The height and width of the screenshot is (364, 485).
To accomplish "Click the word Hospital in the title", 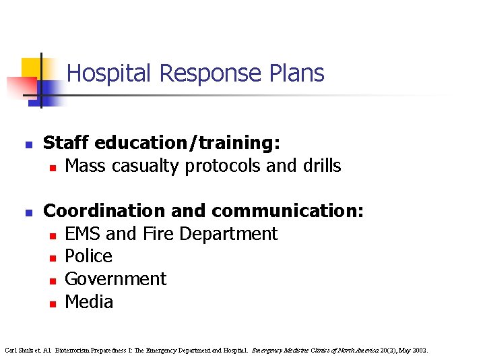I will point(108,73).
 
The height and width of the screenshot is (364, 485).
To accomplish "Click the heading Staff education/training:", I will point(162,143).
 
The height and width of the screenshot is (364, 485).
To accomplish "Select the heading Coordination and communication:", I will point(203,211).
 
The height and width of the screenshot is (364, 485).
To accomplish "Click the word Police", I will point(88,256).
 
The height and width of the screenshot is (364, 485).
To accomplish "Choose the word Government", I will point(115,279).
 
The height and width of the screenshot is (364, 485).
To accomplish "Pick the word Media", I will point(89,301).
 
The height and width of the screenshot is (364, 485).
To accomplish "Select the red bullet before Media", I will point(52,303).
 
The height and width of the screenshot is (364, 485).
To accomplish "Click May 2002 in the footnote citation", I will point(413,351).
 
